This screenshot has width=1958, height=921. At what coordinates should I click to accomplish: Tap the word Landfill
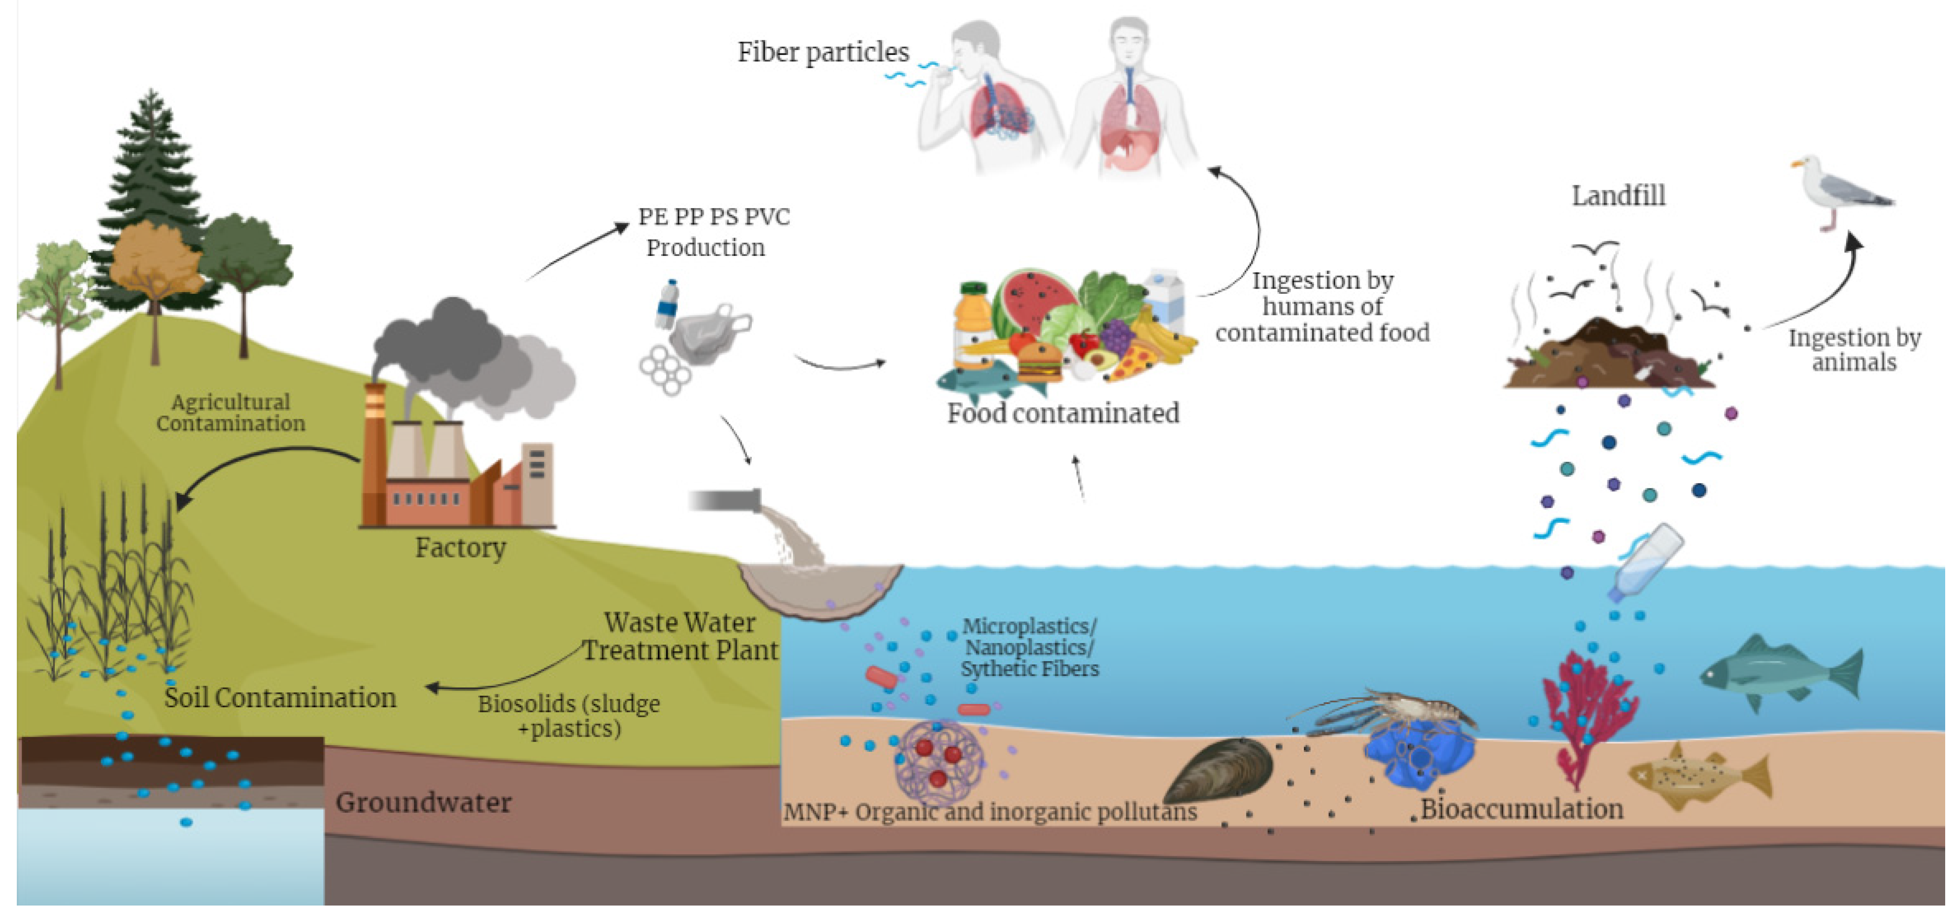[x=1618, y=196]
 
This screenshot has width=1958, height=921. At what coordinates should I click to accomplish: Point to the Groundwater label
[x=423, y=803]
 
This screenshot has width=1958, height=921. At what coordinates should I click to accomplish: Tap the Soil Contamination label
[x=280, y=697]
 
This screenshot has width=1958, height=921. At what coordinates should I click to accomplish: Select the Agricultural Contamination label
[x=230, y=413]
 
